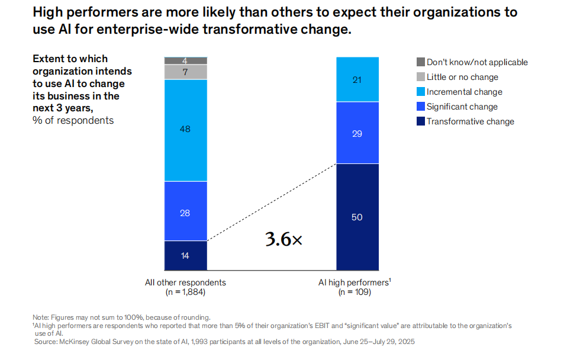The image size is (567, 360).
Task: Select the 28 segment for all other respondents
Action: (185, 211)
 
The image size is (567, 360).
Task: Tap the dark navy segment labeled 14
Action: (185, 255)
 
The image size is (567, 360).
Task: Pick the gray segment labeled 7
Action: (185, 72)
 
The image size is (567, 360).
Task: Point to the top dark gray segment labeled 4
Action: (185, 60)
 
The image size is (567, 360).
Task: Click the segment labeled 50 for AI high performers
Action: (357, 217)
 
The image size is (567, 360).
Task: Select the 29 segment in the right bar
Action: (357, 133)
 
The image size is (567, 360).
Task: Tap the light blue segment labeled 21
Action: (357, 79)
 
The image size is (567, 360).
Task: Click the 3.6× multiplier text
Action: (283, 239)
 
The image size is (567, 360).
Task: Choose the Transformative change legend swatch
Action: (421, 121)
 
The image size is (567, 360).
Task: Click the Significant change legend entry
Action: (462, 107)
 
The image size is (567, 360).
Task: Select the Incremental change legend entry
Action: (464, 92)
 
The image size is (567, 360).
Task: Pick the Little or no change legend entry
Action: (462, 77)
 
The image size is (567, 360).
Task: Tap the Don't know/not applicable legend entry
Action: (476, 62)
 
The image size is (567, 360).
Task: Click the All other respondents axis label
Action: (185, 282)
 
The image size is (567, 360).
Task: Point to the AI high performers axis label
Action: (354, 282)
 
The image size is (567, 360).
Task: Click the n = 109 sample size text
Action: (355, 292)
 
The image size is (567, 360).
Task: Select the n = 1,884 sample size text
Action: (185, 292)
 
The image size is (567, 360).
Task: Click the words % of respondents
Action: (73, 120)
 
